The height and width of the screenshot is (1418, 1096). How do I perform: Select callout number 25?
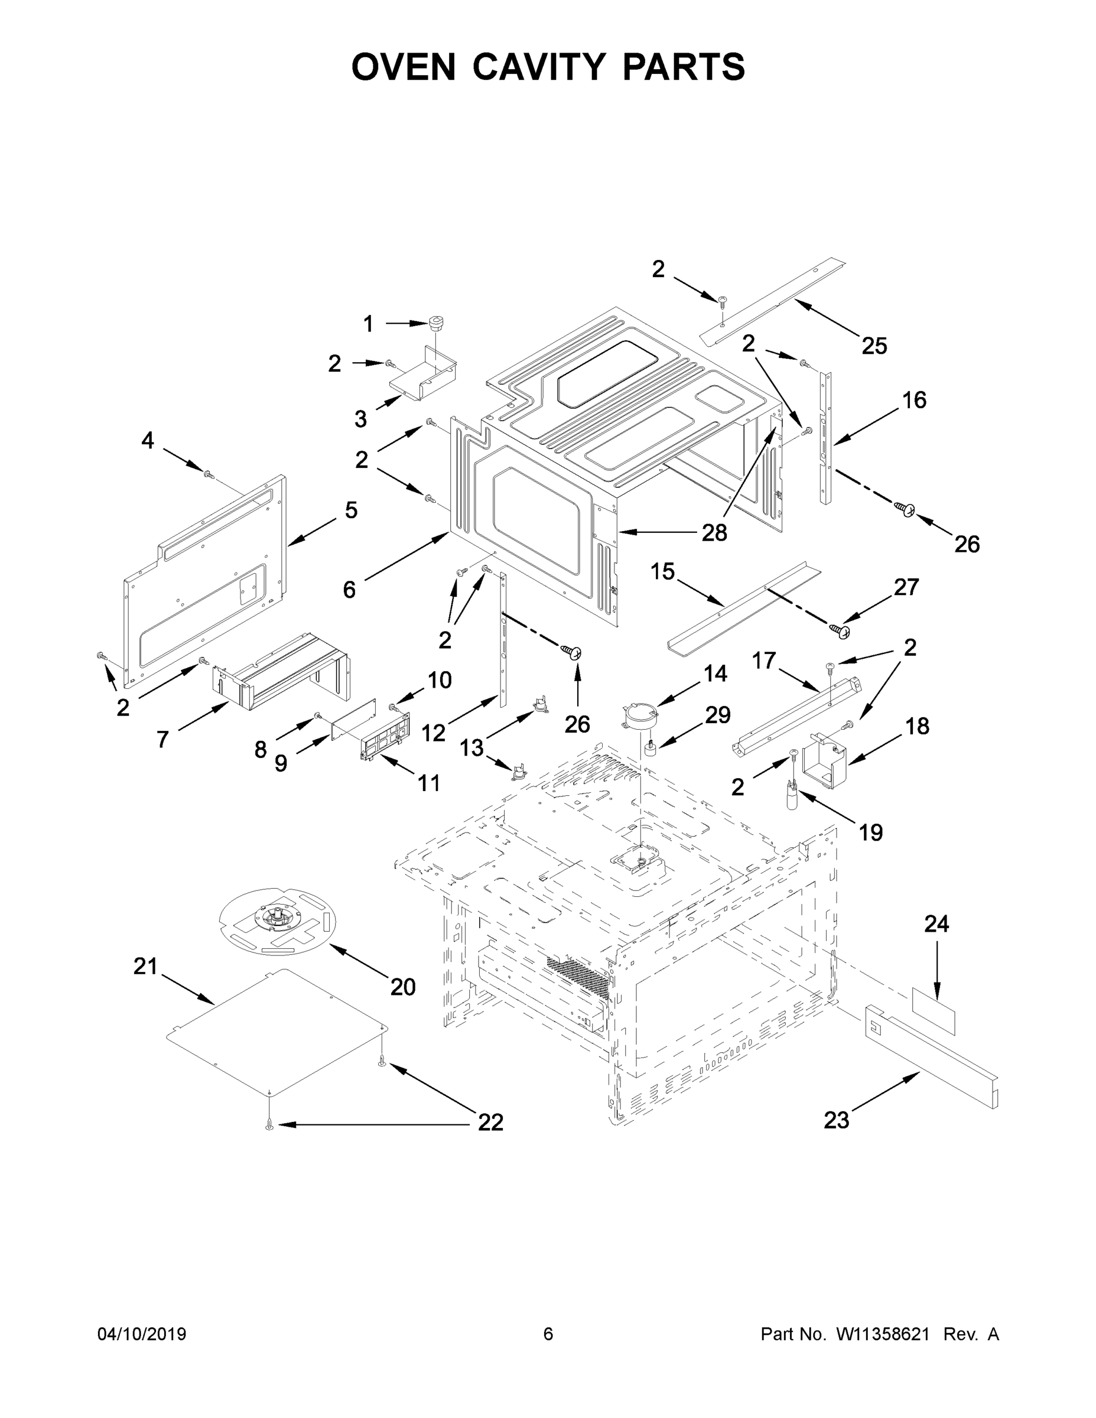874,346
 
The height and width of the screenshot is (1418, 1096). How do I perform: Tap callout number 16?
914,400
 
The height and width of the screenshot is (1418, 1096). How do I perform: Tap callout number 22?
490,1122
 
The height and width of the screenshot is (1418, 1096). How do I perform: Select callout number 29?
717,715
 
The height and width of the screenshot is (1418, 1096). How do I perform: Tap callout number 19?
871,832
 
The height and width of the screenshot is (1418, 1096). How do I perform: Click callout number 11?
428,783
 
